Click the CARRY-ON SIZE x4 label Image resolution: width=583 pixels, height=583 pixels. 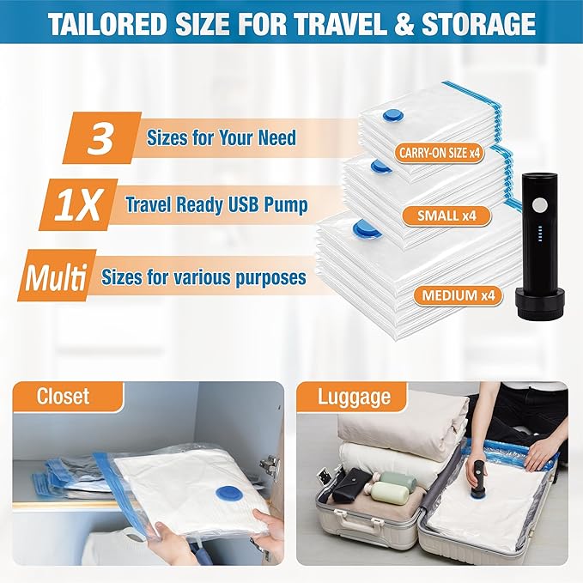coord(439,153)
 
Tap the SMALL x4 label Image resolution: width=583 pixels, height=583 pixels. coord(446,216)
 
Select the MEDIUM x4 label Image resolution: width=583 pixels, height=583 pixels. coord(459,295)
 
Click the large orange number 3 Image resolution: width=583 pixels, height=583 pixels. coord(100,138)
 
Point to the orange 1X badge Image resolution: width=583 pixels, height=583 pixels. coord(78,204)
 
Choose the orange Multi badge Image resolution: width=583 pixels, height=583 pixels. coord(57,275)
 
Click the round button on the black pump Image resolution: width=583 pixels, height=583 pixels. coord(539,205)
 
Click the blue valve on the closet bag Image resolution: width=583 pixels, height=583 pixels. coord(228,497)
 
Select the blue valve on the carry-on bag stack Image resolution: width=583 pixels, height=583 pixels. coord(392,116)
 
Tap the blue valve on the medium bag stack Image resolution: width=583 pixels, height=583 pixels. coord(367,229)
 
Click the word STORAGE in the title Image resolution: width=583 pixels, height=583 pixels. coord(478,24)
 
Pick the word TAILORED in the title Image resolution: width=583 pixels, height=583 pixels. coord(107,24)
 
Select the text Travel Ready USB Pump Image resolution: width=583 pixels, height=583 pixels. coord(216,205)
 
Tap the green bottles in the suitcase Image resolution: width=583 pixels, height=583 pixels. coord(395,487)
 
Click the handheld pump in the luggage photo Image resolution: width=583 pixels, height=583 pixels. coord(480,481)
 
